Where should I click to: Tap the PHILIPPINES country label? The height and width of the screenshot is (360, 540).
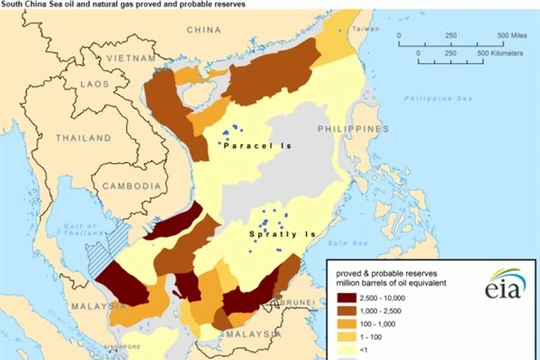[352, 130]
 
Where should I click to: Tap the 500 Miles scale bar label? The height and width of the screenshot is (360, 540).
[511, 35]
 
